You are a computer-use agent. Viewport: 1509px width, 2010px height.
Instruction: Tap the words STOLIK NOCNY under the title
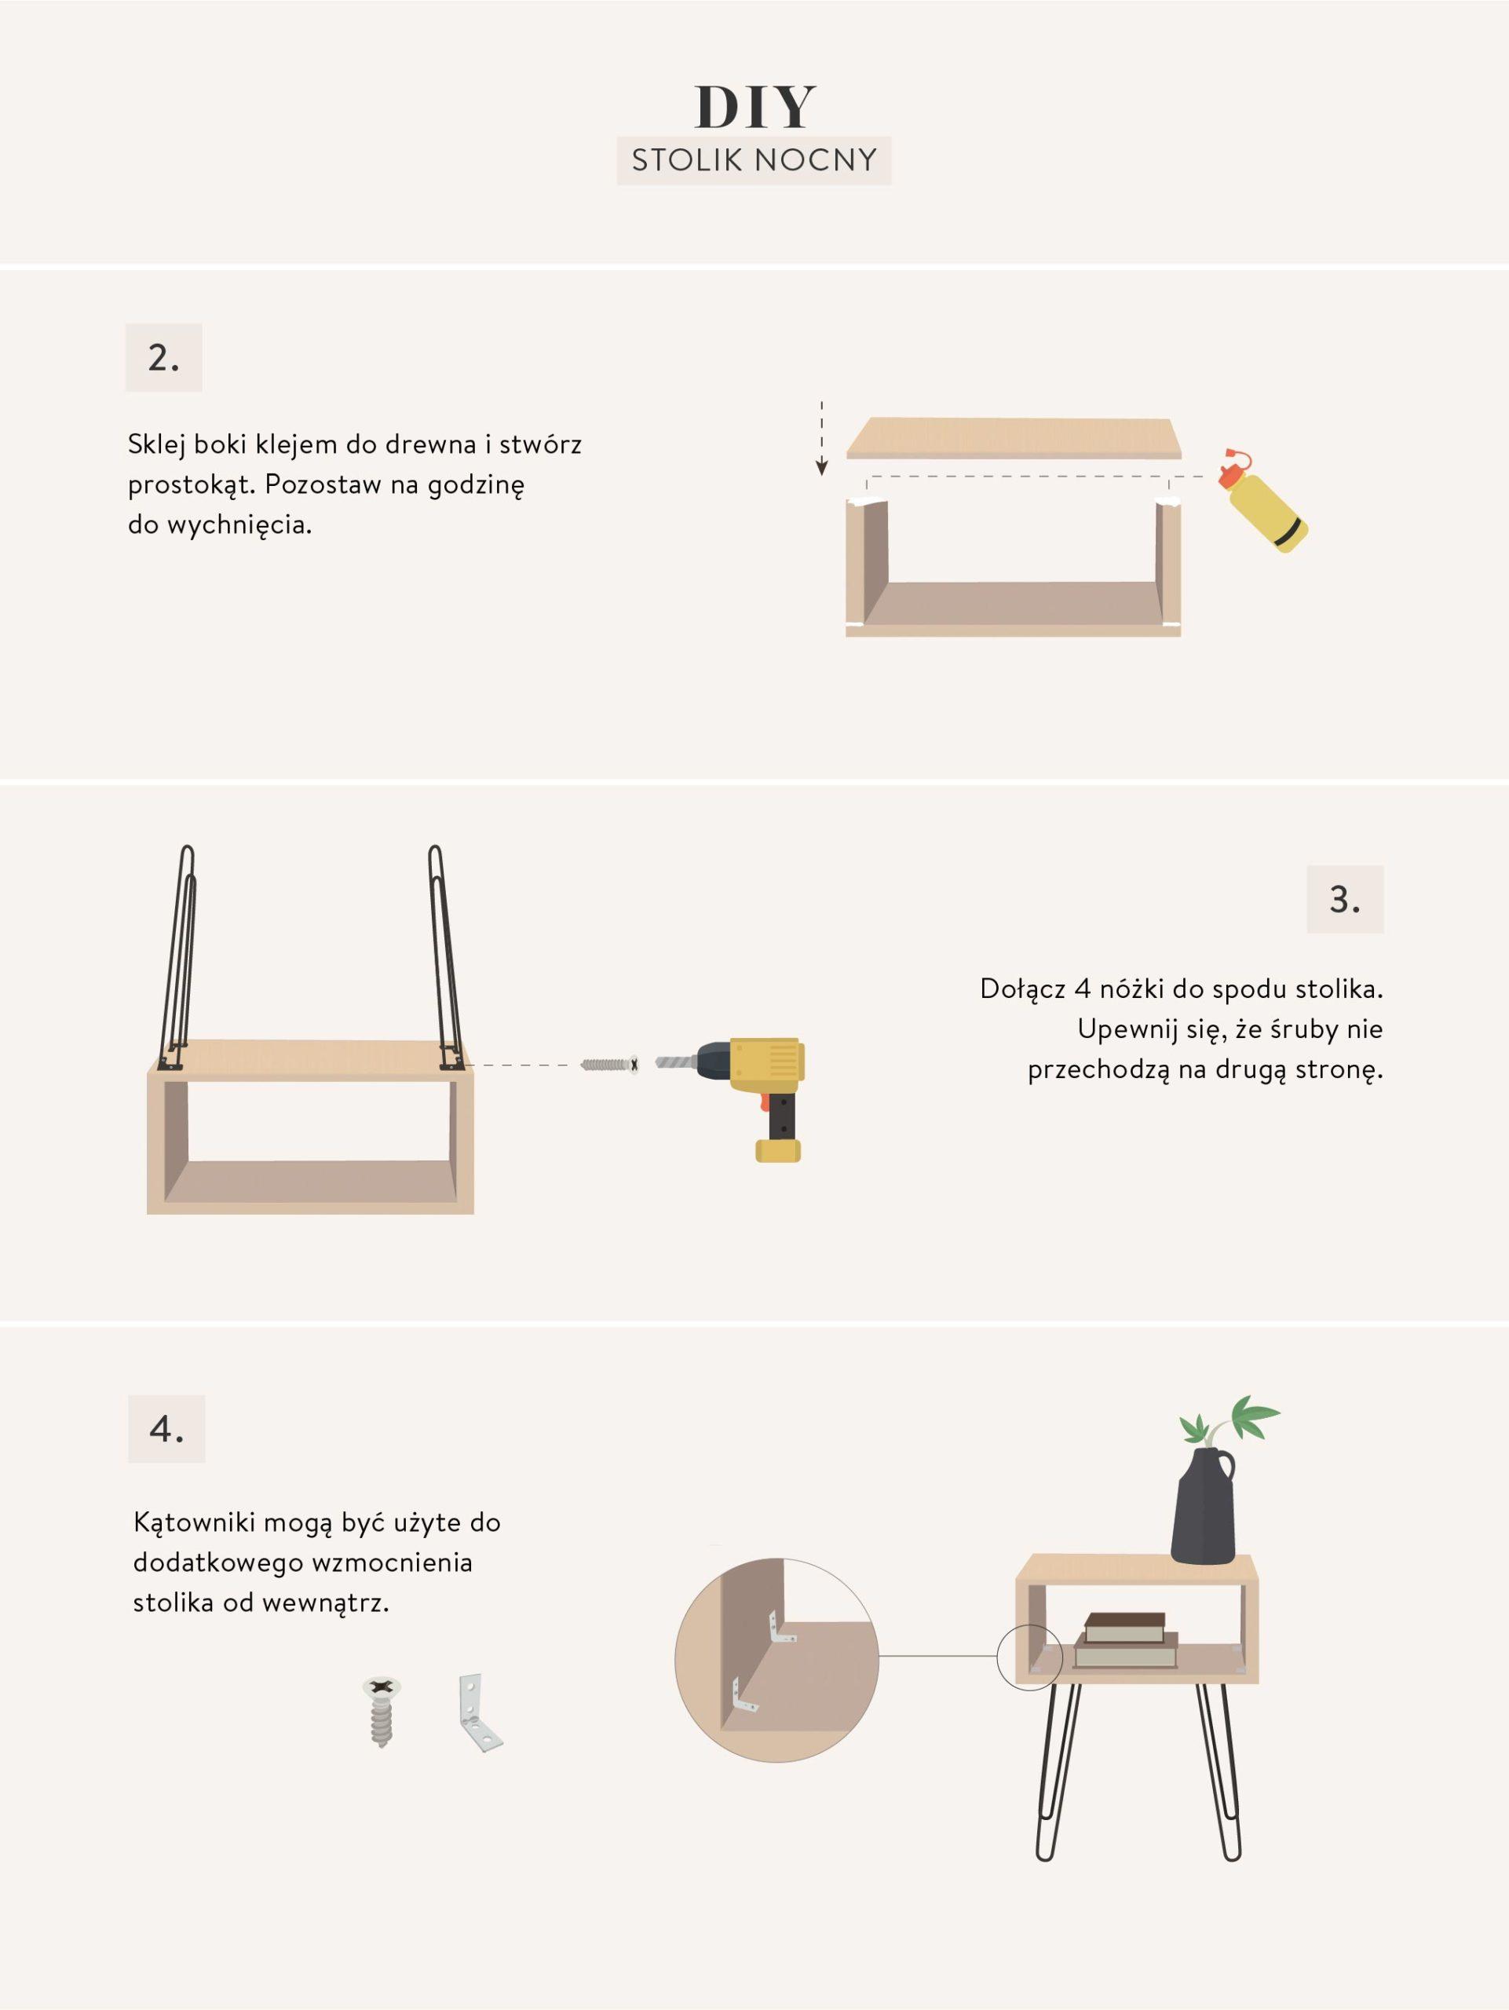coord(754,161)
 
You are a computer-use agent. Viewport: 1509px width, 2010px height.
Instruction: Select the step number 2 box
coord(163,358)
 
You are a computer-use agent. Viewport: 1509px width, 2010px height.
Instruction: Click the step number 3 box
coord(1345,900)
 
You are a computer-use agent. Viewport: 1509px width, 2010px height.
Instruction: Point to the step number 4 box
coord(166,1429)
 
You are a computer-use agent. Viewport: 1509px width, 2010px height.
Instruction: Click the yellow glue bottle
coord(1266,502)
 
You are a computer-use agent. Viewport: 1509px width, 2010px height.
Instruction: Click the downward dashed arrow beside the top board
coord(821,438)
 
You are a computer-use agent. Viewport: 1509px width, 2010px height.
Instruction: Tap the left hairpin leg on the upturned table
coord(180,958)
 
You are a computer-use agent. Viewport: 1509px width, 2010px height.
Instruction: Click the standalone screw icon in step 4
coord(382,1712)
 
